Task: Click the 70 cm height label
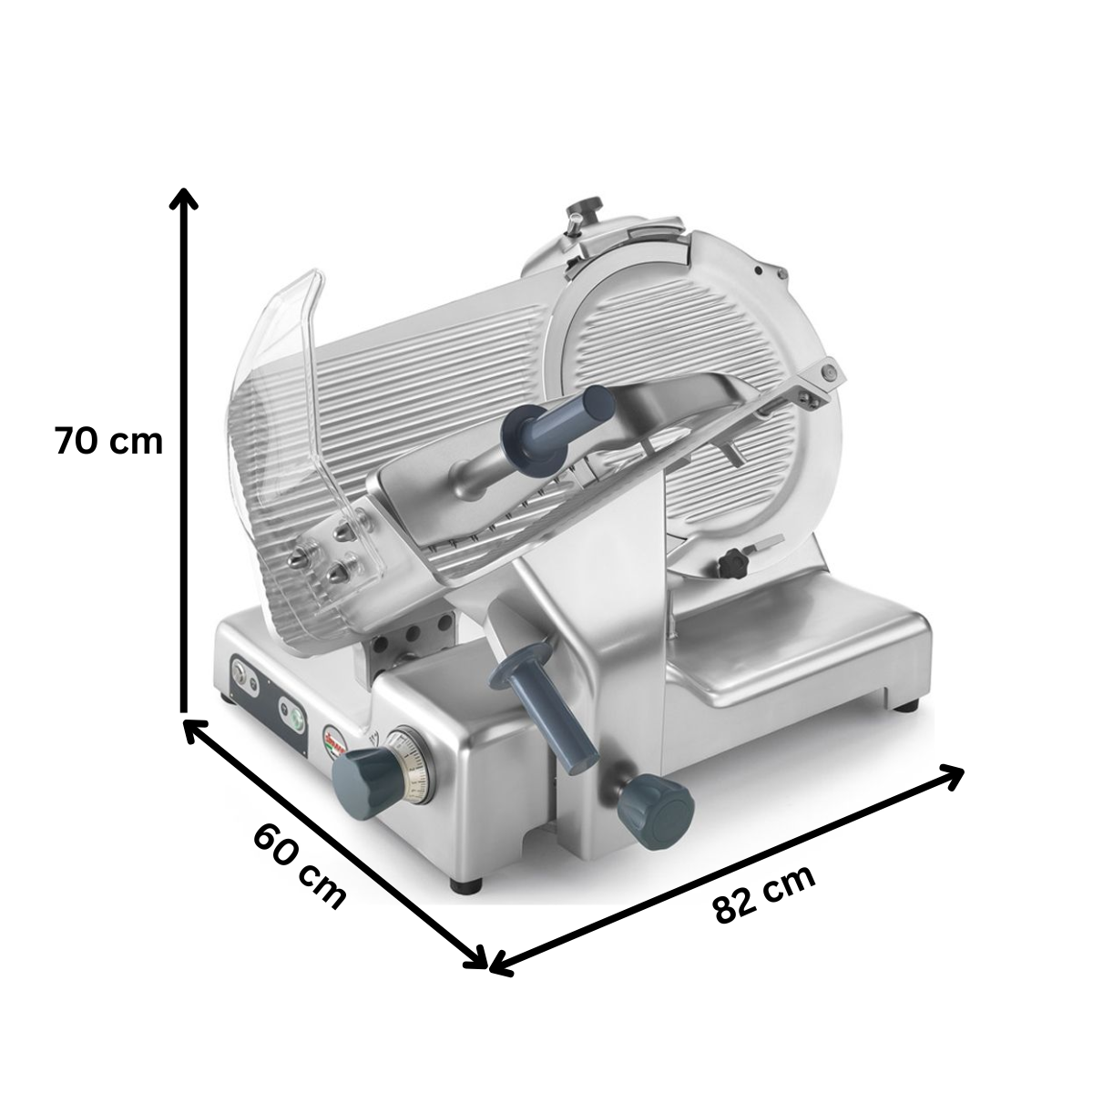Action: [x=108, y=441]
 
